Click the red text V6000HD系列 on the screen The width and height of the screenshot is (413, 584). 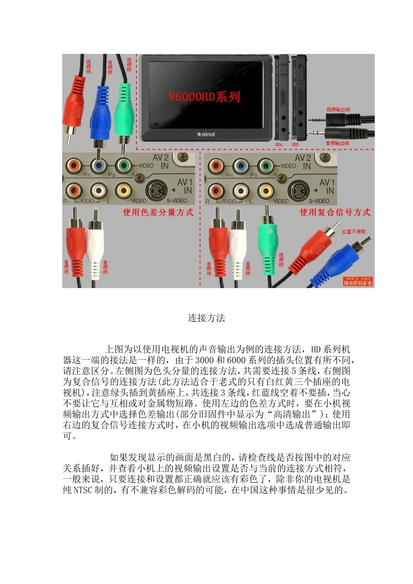coord(204,96)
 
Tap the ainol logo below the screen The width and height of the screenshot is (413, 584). coord(206,134)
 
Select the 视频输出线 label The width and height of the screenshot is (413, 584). coord(338,110)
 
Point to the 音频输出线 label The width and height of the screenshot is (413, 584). coord(337,143)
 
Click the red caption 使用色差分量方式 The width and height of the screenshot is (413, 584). coord(158,212)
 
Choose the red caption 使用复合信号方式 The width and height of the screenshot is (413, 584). coord(335,212)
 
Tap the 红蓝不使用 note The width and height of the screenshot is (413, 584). coord(353,232)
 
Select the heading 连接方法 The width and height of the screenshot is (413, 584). coord(206,318)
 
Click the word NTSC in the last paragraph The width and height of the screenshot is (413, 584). coord(83,490)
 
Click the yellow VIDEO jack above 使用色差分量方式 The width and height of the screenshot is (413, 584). coord(124,190)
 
